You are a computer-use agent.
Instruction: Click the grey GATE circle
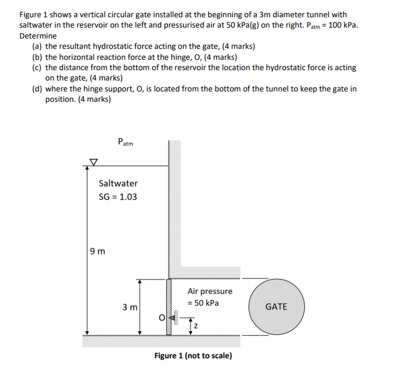(x=276, y=307)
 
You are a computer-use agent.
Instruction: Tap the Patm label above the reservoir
(x=125, y=141)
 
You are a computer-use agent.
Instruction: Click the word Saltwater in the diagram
(x=119, y=183)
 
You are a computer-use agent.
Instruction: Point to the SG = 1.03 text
(x=119, y=197)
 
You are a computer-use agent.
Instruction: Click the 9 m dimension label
(x=98, y=251)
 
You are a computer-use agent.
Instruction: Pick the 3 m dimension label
(x=129, y=307)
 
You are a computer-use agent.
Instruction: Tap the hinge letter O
(x=163, y=317)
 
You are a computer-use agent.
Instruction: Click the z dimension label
(x=196, y=327)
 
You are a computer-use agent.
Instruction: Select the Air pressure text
(x=210, y=291)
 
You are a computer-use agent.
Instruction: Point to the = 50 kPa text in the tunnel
(x=203, y=303)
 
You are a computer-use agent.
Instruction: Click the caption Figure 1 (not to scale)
(x=193, y=355)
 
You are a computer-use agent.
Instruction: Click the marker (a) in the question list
(x=37, y=46)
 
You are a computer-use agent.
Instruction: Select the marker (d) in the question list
(x=37, y=89)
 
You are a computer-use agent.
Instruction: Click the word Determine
(x=38, y=36)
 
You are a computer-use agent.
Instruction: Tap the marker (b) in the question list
(x=37, y=57)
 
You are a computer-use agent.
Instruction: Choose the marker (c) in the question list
(x=37, y=67)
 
